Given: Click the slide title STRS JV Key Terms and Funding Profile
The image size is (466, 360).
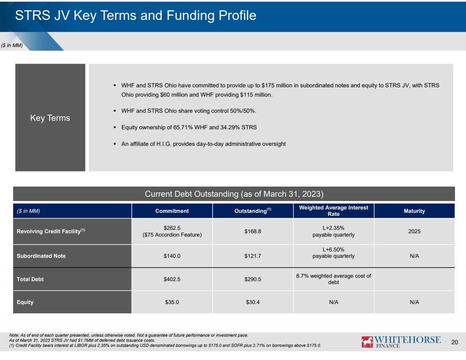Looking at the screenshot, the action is [x=136, y=15].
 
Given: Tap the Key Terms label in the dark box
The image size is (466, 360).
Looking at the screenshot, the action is [x=50, y=118].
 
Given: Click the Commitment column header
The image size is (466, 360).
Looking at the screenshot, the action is [x=172, y=211].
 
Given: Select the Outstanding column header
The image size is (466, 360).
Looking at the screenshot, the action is [x=252, y=211].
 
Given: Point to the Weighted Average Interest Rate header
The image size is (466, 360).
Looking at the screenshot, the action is [x=333, y=211].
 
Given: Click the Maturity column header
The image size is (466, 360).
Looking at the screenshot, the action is [x=414, y=211].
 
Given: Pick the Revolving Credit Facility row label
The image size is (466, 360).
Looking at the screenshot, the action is [x=51, y=231].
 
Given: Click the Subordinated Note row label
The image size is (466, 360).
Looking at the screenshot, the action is [x=42, y=256].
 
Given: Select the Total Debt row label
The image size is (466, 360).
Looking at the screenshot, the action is [x=30, y=279].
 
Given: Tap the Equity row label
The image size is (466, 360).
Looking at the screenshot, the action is [x=25, y=302].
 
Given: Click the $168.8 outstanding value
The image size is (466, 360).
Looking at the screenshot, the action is [x=252, y=231].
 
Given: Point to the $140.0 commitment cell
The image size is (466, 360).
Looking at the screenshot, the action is [x=172, y=256].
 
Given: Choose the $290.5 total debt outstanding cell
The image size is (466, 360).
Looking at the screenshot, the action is [x=252, y=279].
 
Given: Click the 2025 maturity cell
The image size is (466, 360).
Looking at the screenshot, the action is [x=414, y=231].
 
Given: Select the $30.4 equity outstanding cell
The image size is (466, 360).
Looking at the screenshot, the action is [x=252, y=302].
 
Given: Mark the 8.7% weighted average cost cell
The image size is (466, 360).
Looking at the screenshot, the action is [x=333, y=279].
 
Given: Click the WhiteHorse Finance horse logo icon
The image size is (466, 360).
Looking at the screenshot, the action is [x=367, y=342].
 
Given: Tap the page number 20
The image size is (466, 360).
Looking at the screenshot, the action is [x=455, y=342].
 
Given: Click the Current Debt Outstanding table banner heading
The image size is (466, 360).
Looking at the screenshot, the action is [x=234, y=194].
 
